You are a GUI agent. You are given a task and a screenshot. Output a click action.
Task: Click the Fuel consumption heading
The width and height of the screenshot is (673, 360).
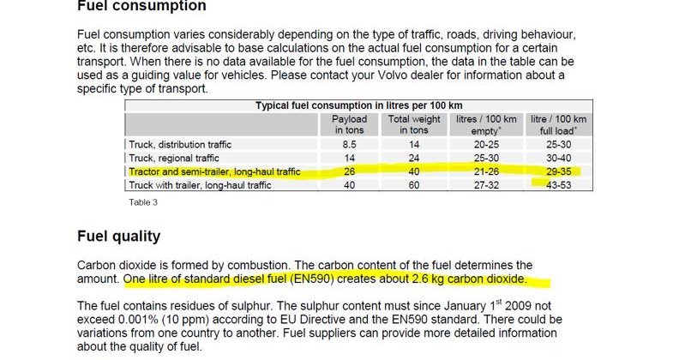[x=141, y=6]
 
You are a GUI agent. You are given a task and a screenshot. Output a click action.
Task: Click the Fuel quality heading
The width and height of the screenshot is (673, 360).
[x=118, y=236]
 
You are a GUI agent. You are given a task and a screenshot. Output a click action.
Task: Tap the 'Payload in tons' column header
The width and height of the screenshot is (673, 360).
[x=350, y=125]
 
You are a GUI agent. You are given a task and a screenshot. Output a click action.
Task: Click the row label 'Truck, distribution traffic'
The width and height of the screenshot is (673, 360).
[x=180, y=145]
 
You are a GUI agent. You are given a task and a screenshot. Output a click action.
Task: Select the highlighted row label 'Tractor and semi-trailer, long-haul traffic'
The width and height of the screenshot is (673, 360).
[x=214, y=172]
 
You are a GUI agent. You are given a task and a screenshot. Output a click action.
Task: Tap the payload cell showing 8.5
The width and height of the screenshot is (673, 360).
[x=350, y=145]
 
